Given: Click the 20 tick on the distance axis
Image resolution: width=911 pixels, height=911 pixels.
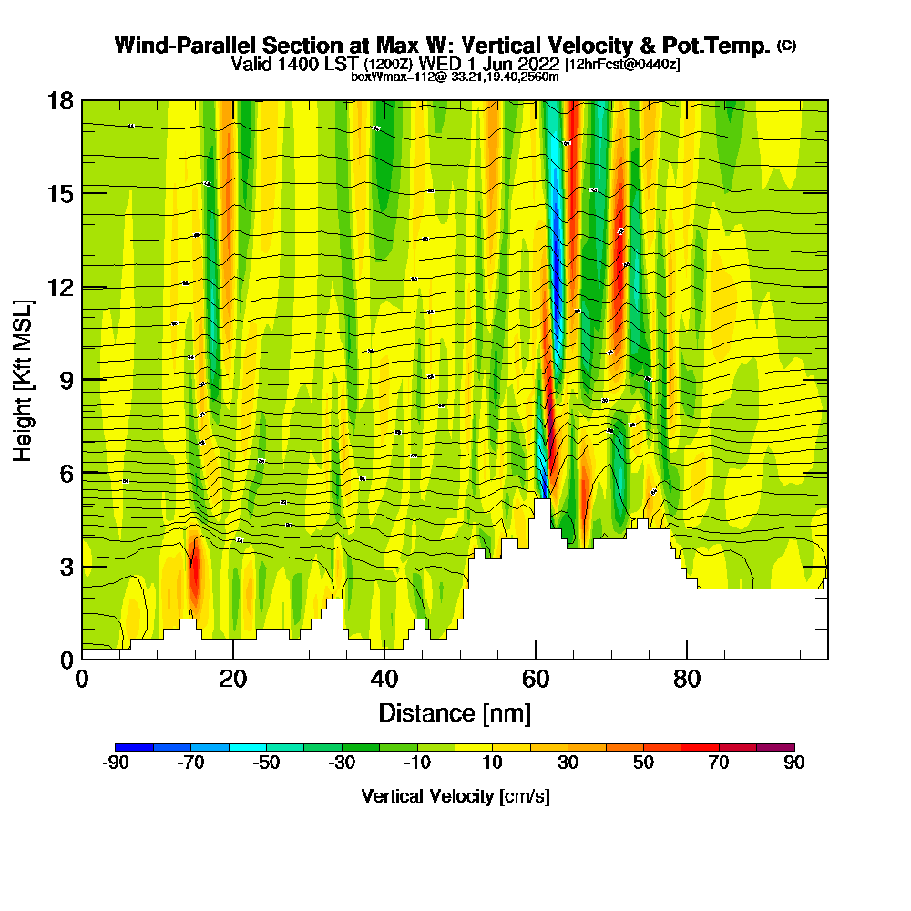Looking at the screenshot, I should click(x=233, y=659).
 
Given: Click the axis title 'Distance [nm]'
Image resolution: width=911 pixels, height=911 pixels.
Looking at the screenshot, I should click(x=455, y=712).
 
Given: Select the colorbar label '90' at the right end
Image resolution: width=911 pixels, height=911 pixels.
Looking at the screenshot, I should click(x=794, y=763).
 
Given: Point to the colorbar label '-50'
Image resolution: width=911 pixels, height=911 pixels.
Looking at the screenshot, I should click(x=266, y=763).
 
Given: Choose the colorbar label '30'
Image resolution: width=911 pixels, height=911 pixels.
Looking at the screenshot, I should click(x=568, y=763).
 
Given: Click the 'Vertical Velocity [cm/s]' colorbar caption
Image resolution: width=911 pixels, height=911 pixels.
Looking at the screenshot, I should click(x=455, y=796).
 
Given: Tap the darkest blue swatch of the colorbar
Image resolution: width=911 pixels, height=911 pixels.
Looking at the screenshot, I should click(x=134, y=747).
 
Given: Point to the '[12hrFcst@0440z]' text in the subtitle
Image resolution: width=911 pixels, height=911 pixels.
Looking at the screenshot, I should click(x=622, y=65).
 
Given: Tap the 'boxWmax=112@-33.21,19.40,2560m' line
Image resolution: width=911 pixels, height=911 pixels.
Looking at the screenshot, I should click(x=455, y=77).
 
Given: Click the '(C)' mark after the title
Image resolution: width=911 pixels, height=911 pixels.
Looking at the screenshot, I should click(x=787, y=46).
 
